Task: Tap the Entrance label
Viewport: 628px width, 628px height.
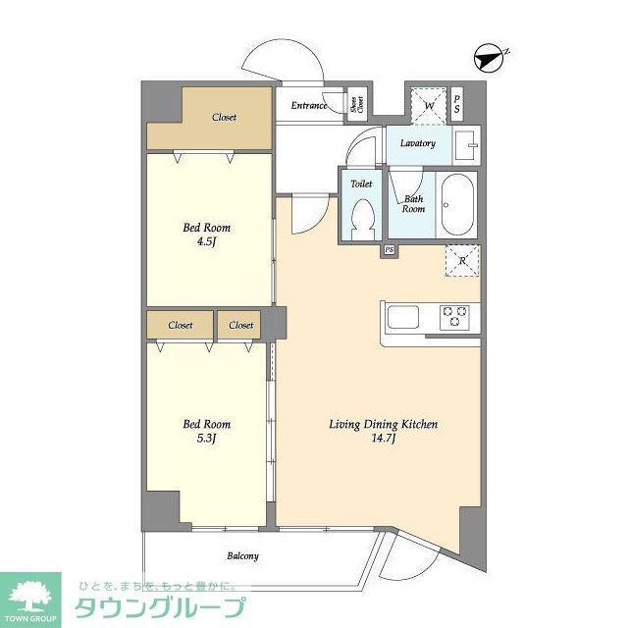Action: click(x=308, y=106)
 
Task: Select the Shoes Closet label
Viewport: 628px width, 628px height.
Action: click(x=358, y=105)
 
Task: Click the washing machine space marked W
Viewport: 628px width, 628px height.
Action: click(x=429, y=104)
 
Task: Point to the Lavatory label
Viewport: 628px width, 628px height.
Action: click(x=417, y=143)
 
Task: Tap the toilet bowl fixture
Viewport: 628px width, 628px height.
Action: click(x=363, y=218)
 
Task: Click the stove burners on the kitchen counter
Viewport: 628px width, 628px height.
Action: click(x=455, y=316)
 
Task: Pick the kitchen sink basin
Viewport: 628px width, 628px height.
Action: click(x=403, y=317)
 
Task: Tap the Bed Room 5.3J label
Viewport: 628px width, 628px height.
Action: click(x=207, y=431)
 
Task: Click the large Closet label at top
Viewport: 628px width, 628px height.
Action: click(x=224, y=118)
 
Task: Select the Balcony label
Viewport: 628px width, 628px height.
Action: click(x=243, y=556)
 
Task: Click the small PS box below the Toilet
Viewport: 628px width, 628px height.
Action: click(x=390, y=250)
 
